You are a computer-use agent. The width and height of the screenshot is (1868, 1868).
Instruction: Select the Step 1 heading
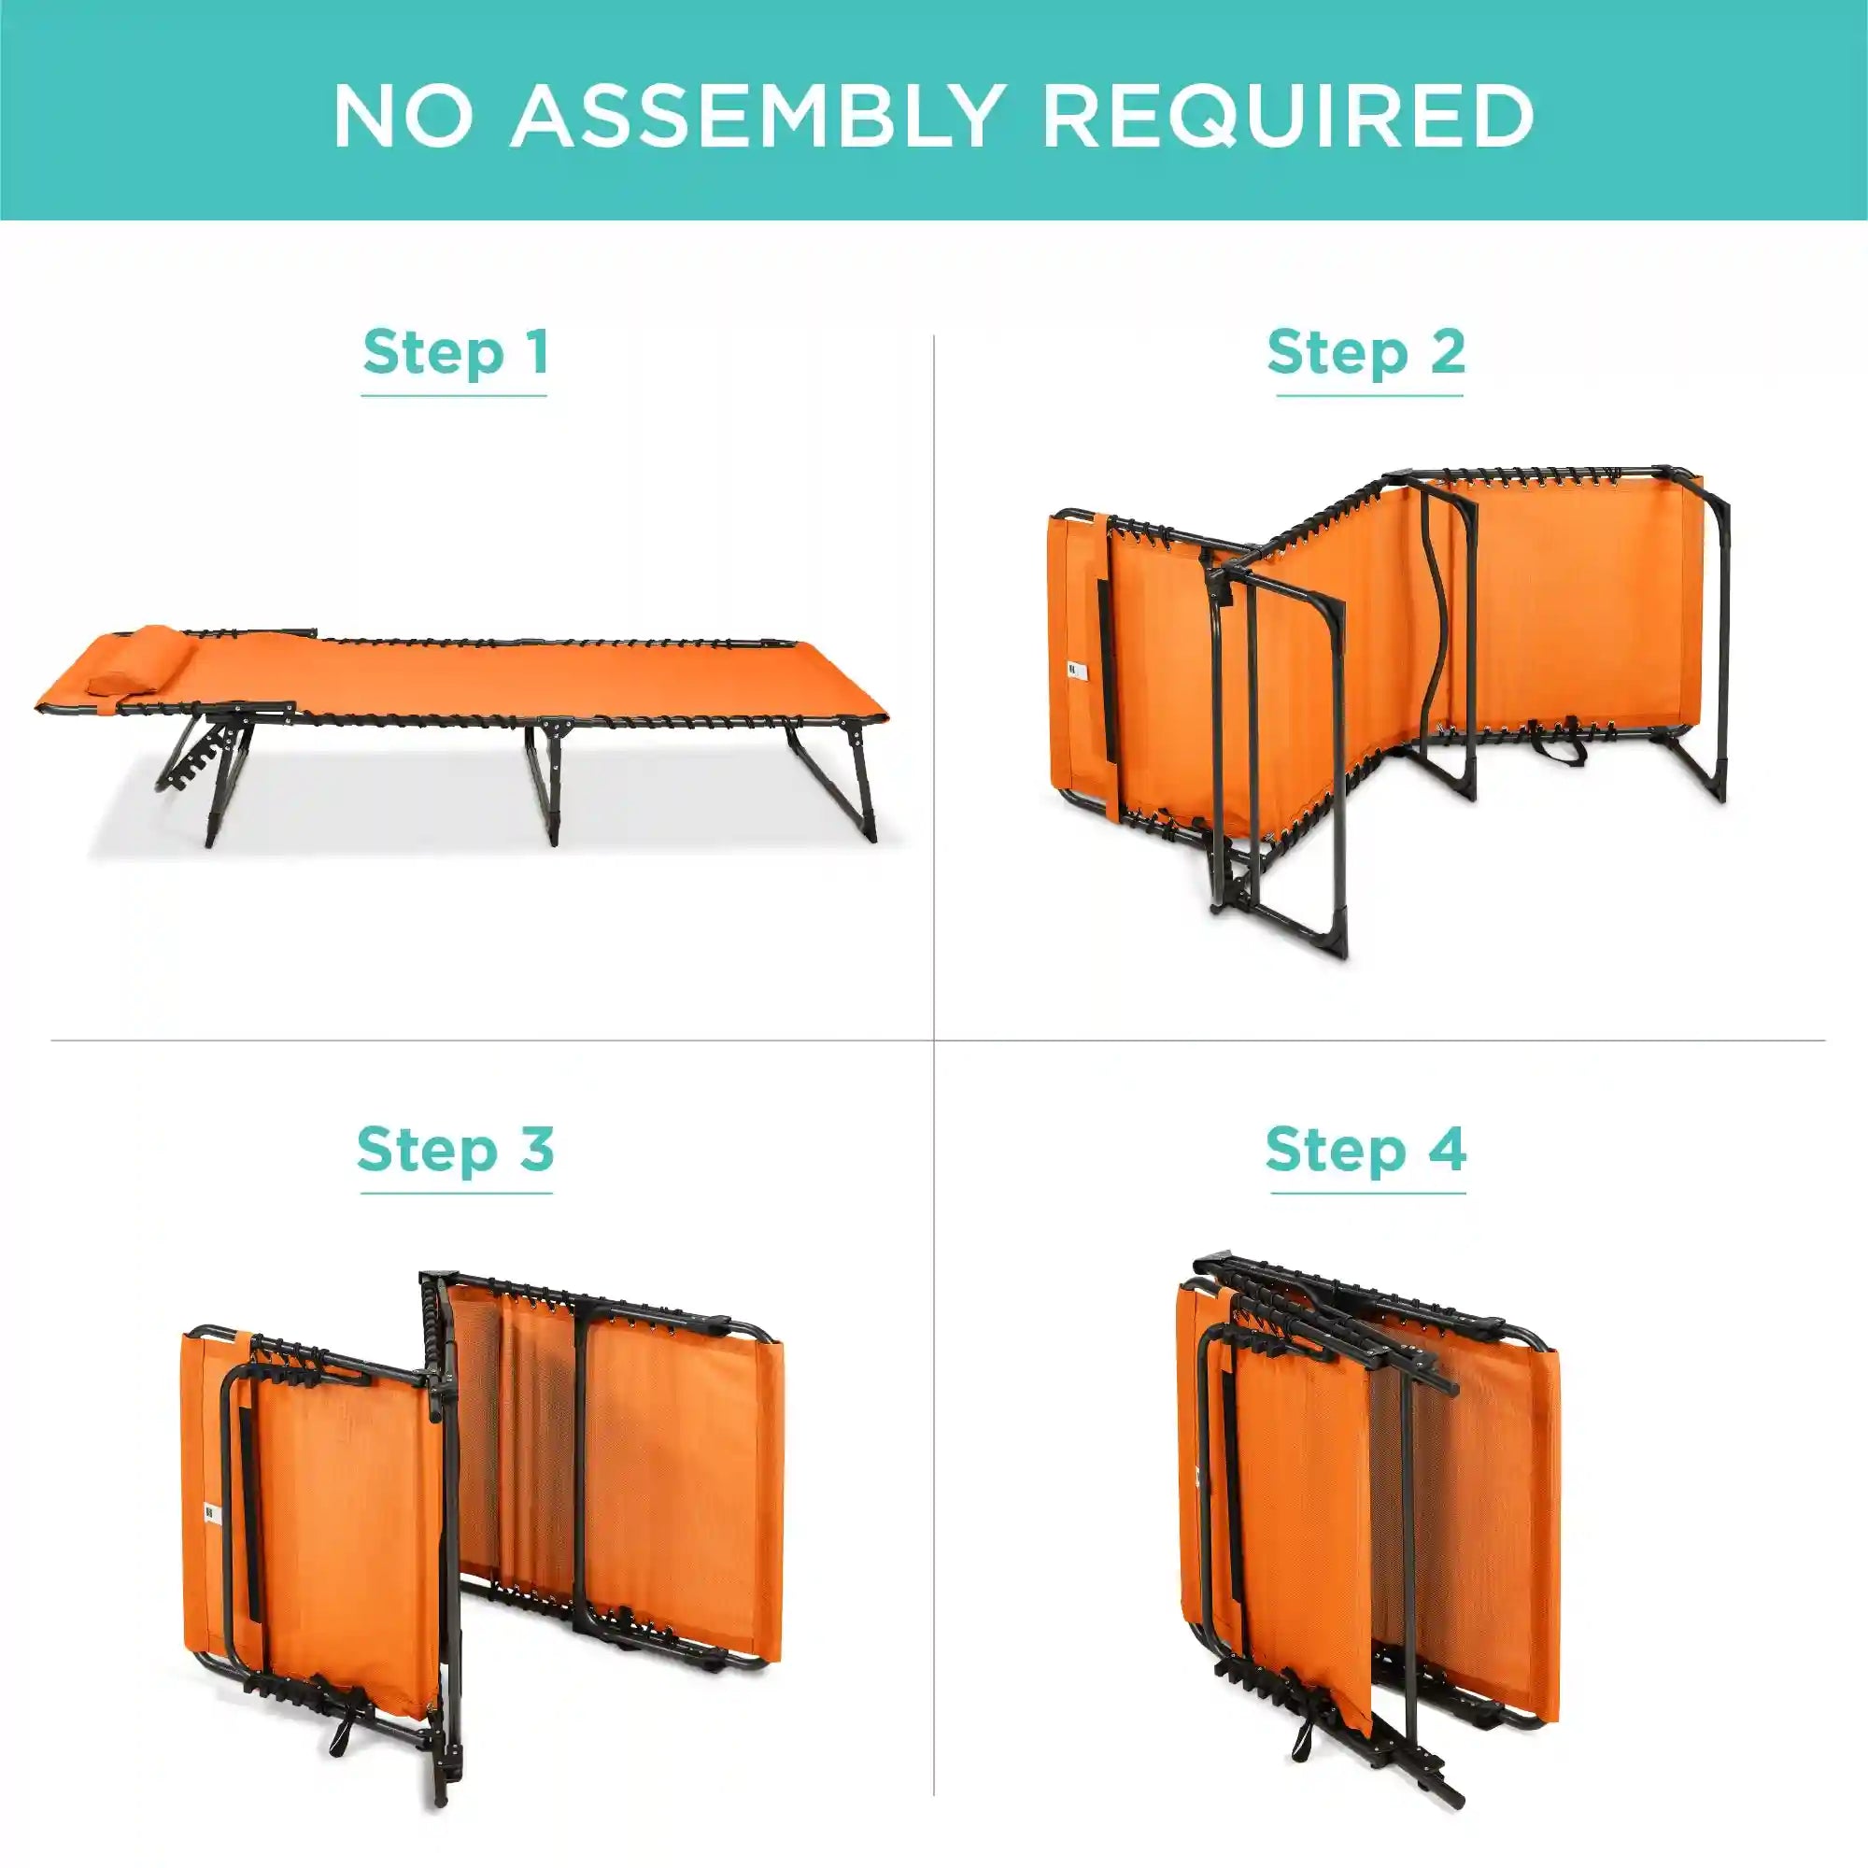click(x=456, y=353)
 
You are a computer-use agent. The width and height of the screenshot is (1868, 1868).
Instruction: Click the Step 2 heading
click(x=1366, y=353)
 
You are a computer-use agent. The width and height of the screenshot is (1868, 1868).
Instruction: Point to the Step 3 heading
click(x=456, y=1150)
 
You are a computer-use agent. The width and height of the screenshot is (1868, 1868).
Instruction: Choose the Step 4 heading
click(x=1366, y=1150)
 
